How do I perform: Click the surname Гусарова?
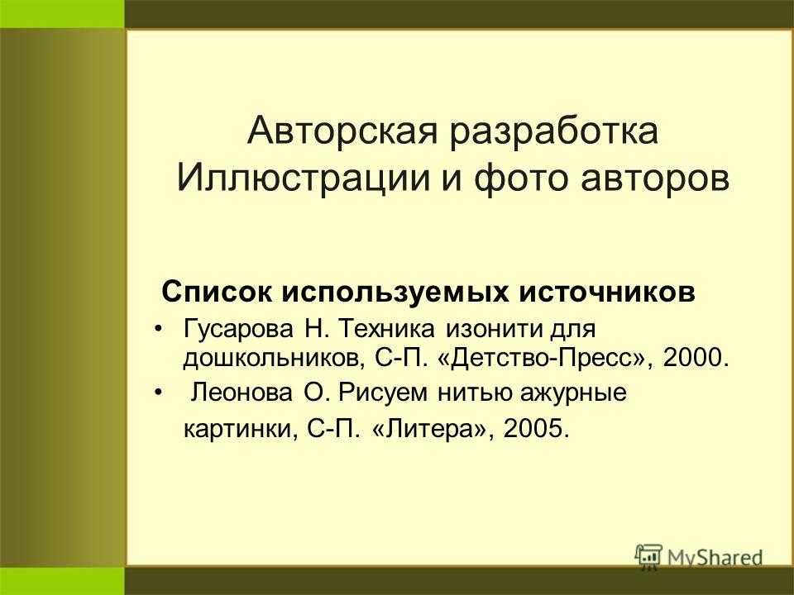tap(238, 330)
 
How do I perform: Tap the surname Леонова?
tap(242, 393)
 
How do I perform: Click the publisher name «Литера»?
tap(433, 429)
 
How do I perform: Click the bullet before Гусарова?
tap(159, 330)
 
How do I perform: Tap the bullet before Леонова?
tap(159, 393)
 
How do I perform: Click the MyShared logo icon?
tap(648, 556)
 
